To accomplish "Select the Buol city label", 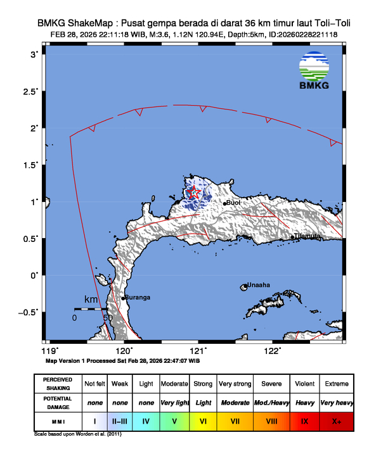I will click(233, 203).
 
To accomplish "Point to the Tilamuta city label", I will click(307, 236).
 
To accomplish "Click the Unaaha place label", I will click(258, 285).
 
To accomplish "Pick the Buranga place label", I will click(137, 297).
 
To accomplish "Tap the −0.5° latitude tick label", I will click(29, 312).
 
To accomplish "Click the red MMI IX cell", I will click(304, 420).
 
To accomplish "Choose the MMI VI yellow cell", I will click(203, 420).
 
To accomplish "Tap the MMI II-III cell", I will click(119, 420).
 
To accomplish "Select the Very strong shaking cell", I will click(234, 384).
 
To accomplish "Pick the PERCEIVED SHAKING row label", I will click(58, 384).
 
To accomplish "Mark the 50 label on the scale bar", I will click(108, 317).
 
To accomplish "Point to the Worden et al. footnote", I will click(77, 434).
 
